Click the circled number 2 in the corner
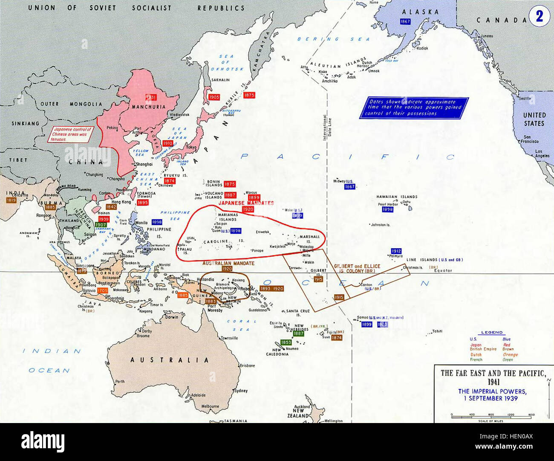(540, 16)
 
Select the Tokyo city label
(191, 147)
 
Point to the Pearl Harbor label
(388, 204)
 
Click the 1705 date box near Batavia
(102, 290)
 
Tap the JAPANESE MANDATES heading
(246, 203)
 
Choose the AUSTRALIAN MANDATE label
(228, 263)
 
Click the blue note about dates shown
(414, 108)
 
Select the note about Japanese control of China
(72, 134)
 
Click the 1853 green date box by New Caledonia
(286, 342)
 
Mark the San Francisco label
(531, 139)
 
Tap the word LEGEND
(492, 333)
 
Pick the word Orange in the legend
(510, 354)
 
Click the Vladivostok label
(179, 115)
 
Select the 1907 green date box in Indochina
(101, 225)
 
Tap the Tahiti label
(437, 331)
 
